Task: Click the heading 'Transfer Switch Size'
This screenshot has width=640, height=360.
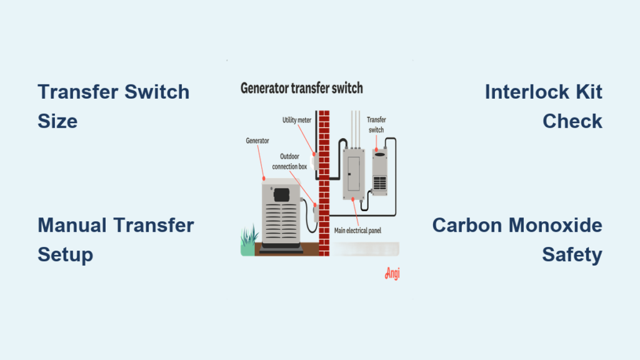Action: coord(113,106)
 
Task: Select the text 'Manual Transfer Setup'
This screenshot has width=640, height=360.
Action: coord(116,239)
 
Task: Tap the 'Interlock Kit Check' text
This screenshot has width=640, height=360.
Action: coord(543,106)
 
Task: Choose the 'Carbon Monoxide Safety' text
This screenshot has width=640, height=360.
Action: coord(517,239)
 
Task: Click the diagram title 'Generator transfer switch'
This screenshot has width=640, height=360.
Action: coord(301,88)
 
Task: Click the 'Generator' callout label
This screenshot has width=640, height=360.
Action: coord(257,141)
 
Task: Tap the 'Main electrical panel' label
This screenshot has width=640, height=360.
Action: coord(357,231)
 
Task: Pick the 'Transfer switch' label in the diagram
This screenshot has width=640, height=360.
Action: coord(375,126)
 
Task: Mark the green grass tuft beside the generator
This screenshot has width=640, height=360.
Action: coord(249,241)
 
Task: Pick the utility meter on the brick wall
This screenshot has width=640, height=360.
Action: coord(316,162)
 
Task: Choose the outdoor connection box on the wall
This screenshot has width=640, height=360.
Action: coord(316,212)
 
